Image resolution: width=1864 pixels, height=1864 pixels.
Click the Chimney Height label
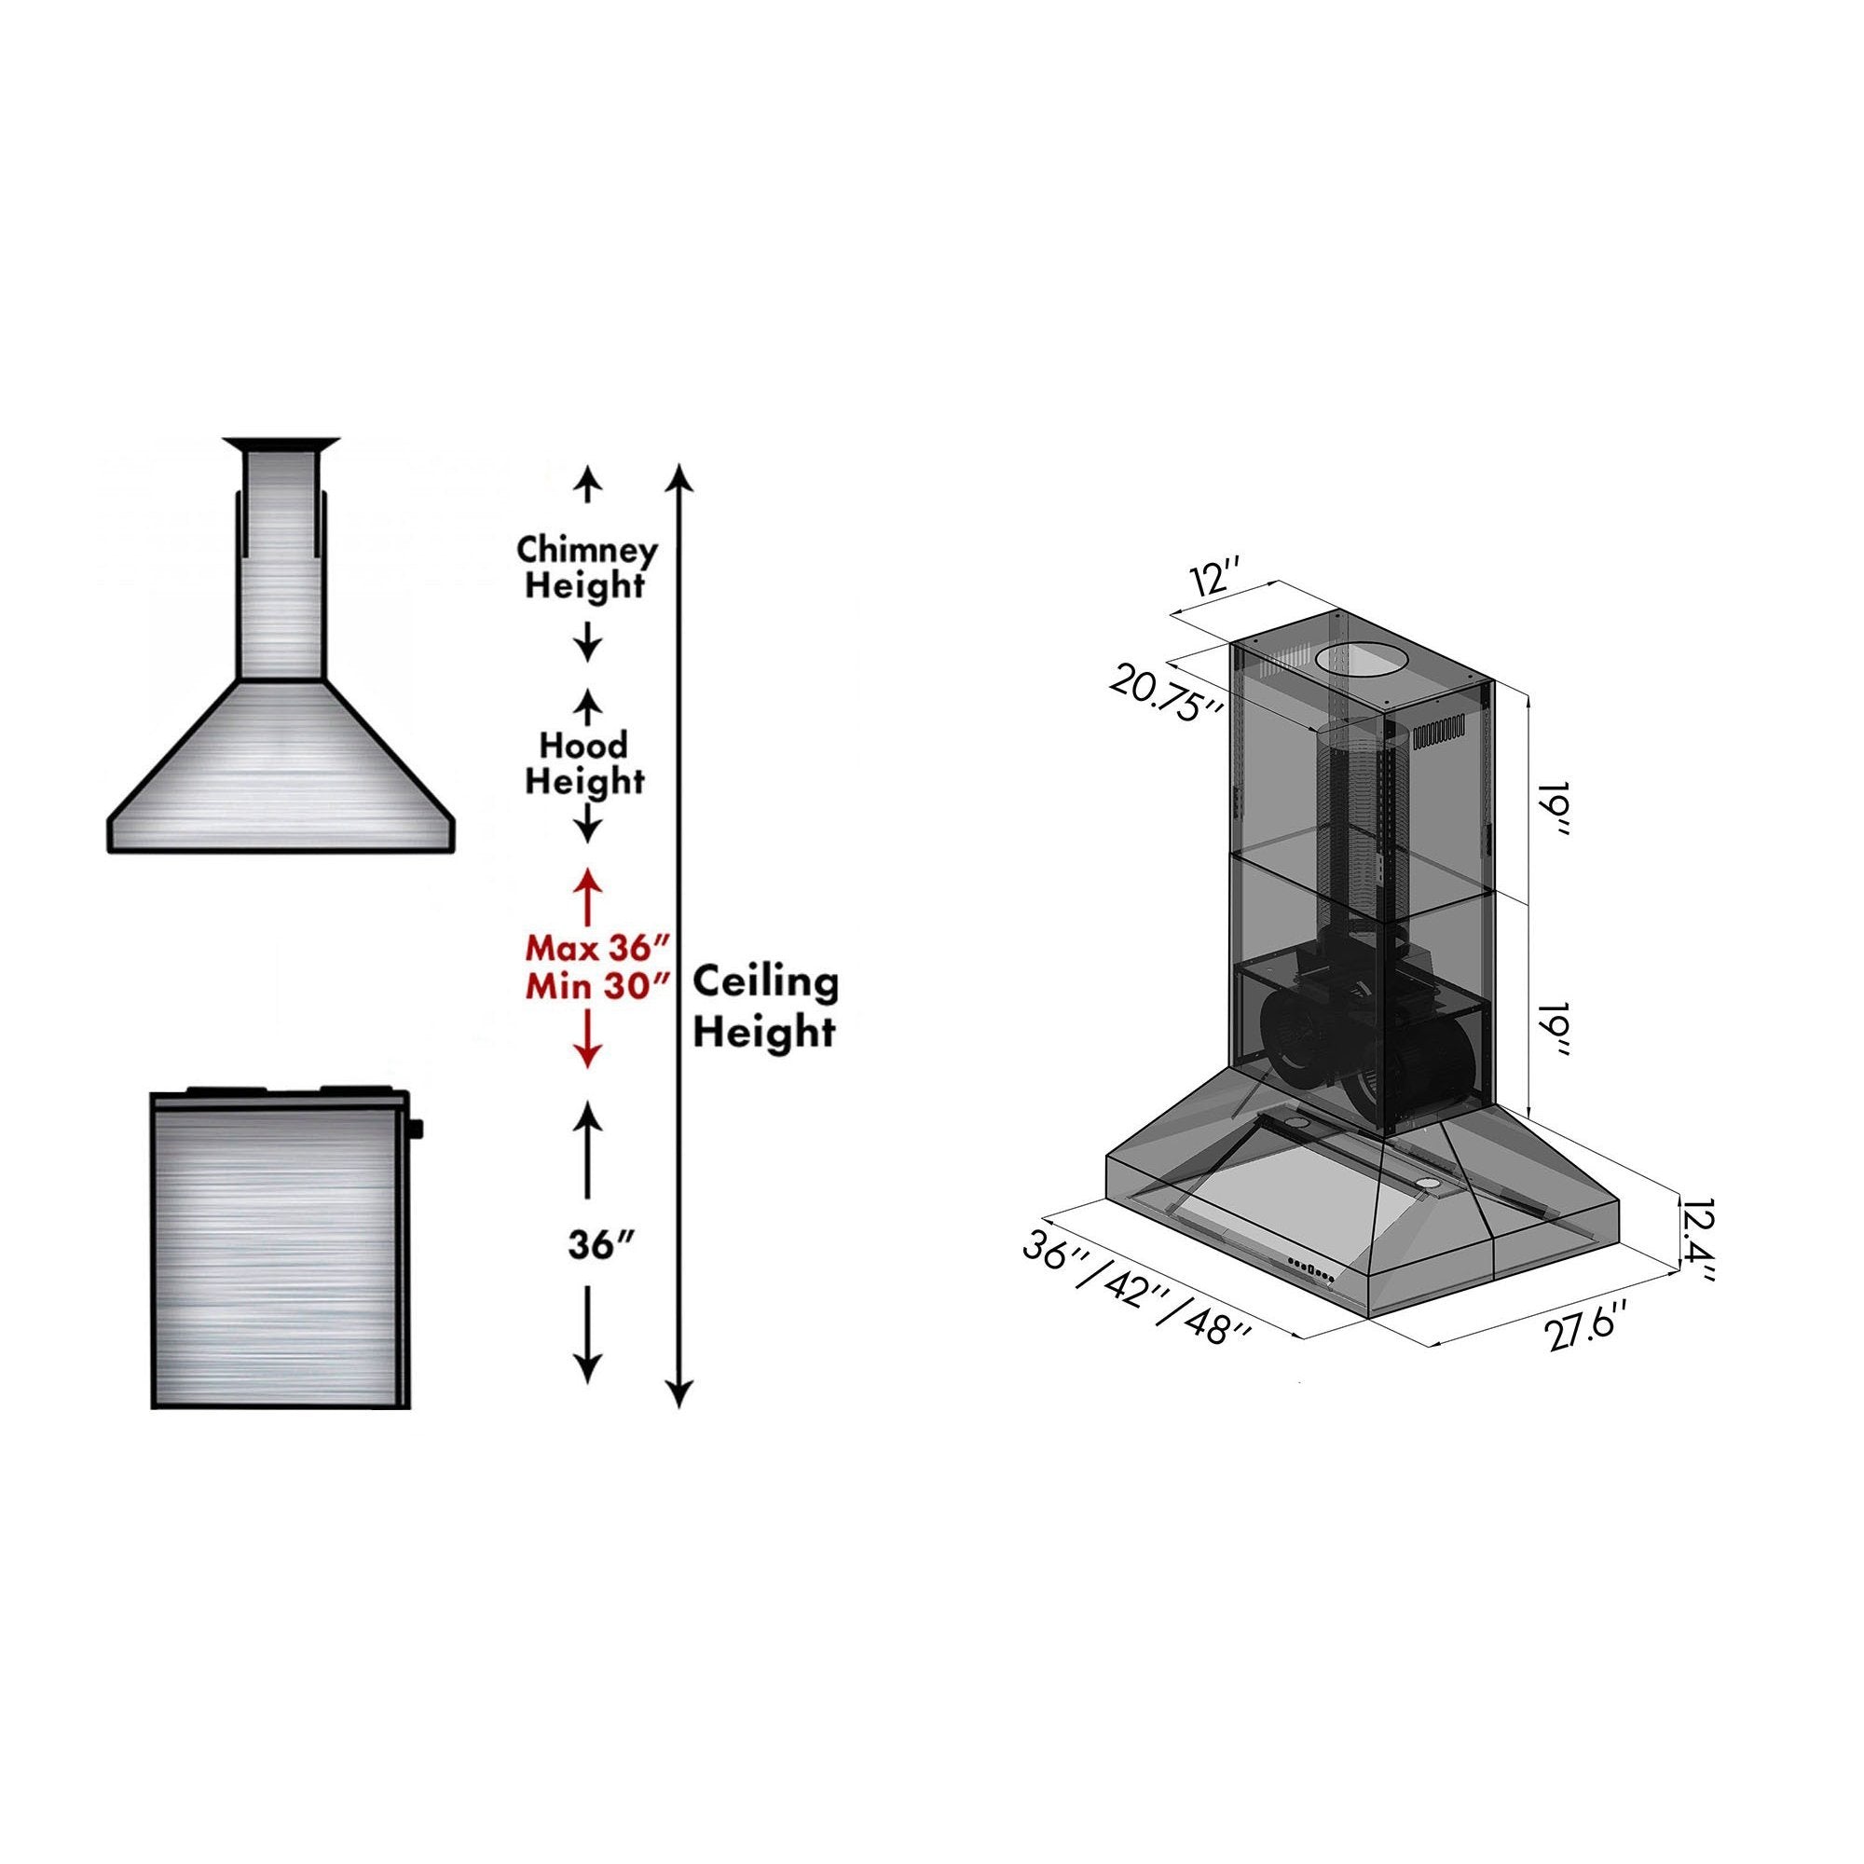click(x=586, y=568)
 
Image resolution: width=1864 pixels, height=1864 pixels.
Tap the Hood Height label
click(x=582, y=762)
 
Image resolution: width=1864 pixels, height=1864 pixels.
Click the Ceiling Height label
click(x=765, y=1007)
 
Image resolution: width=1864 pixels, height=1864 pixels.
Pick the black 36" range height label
click(x=586, y=1244)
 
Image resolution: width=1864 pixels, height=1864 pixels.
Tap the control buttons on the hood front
click(x=1309, y=1273)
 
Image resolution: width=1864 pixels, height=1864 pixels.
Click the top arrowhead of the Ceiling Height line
click(x=680, y=474)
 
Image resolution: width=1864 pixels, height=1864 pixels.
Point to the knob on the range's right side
click(x=419, y=1126)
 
